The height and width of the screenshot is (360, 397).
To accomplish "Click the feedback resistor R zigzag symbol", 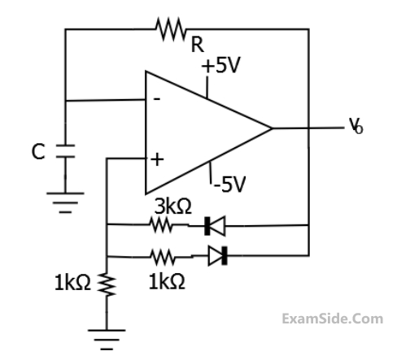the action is pyautogui.click(x=171, y=29).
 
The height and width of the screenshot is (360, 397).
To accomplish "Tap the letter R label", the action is pyautogui.click(x=198, y=45).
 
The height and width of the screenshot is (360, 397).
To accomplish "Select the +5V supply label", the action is pyautogui.click(x=220, y=65).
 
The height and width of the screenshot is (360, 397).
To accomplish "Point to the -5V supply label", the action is pyautogui.click(x=230, y=184).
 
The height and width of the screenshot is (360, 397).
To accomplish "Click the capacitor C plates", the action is pyautogui.click(x=65, y=151).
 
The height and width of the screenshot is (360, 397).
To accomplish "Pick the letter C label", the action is pyautogui.click(x=38, y=152).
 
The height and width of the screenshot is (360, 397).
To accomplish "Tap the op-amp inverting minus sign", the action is pyautogui.click(x=157, y=99).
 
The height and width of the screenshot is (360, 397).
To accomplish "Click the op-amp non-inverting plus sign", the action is pyautogui.click(x=157, y=159).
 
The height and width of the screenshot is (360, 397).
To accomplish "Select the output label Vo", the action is pyautogui.click(x=356, y=126).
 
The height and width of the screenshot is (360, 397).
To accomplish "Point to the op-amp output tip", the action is pyautogui.click(x=272, y=128).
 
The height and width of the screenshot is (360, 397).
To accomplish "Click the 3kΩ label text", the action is pyautogui.click(x=173, y=206).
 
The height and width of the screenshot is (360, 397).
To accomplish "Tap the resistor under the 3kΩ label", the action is pyautogui.click(x=161, y=225).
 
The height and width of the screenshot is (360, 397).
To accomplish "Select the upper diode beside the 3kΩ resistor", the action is pyautogui.click(x=215, y=226).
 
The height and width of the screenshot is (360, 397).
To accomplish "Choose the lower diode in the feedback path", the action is pyautogui.click(x=217, y=256).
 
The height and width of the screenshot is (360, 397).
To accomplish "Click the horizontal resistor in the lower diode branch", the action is pyautogui.click(x=163, y=257).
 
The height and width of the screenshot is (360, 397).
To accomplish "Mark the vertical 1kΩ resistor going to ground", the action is pyautogui.click(x=107, y=284).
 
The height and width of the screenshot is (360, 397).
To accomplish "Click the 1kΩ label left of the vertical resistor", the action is pyautogui.click(x=72, y=283).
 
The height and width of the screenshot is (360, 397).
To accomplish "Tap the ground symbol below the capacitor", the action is pyautogui.click(x=65, y=202).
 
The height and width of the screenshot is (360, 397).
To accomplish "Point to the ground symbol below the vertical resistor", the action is pyautogui.click(x=107, y=340).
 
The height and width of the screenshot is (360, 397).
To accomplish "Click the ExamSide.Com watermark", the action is pyautogui.click(x=333, y=319).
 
